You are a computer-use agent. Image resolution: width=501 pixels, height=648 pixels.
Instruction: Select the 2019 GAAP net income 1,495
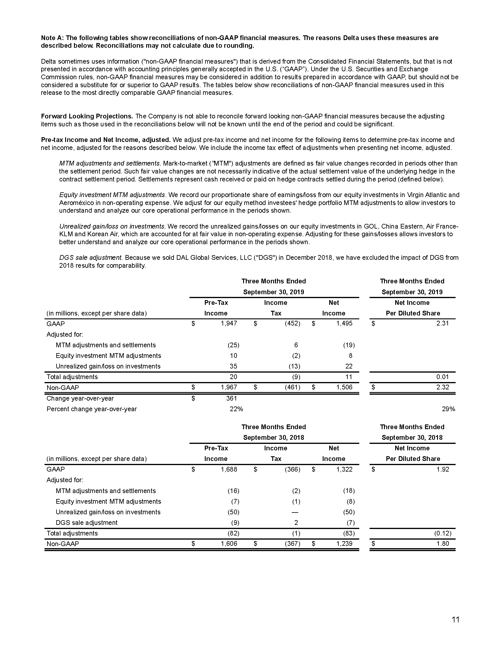(344, 323)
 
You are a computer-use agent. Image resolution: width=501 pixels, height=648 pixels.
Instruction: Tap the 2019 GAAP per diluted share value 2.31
(442, 323)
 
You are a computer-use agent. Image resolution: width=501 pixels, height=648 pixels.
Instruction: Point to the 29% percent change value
(449, 409)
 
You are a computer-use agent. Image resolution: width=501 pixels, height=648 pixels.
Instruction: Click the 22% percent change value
(236, 409)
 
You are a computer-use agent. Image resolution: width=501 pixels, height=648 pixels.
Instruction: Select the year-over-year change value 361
(232, 399)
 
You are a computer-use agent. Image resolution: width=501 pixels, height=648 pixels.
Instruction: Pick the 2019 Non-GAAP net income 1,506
(344, 388)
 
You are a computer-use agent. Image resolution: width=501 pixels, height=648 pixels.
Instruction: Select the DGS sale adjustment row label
(86, 523)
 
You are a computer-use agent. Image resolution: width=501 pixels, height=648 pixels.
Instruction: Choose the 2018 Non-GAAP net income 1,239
(344, 543)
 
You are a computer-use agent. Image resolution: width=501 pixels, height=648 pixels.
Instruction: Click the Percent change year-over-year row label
(92, 409)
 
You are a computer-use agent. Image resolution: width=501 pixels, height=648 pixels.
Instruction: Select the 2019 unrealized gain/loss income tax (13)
(294, 366)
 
